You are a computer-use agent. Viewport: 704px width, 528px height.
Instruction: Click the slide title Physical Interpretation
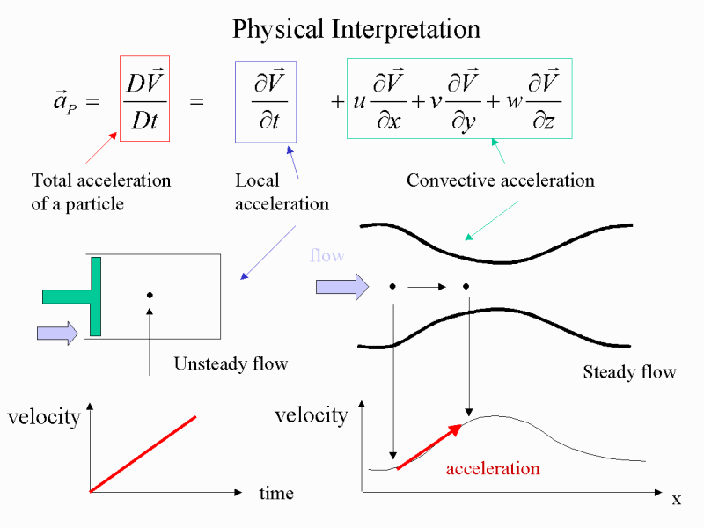tap(356, 30)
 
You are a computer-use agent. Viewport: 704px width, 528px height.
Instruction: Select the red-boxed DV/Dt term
tap(144, 99)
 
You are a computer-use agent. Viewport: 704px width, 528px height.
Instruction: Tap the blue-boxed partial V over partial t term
tap(266, 102)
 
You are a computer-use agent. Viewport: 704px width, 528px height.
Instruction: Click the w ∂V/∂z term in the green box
tap(534, 99)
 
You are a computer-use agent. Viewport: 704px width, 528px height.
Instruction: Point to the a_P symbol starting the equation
tap(65, 101)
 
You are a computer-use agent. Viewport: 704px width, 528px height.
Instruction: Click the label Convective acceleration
tap(501, 180)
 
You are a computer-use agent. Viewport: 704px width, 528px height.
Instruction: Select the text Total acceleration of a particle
tap(101, 192)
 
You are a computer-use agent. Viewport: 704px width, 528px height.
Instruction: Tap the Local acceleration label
tap(282, 192)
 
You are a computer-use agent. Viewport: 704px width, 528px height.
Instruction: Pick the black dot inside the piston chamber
tap(150, 295)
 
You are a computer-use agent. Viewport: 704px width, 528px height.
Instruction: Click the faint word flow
tap(327, 255)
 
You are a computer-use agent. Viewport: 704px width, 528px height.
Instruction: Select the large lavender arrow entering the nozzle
tap(342, 287)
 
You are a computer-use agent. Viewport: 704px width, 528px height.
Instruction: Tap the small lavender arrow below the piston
tap(57, 334)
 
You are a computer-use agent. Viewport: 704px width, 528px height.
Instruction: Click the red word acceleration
tap(493, 469)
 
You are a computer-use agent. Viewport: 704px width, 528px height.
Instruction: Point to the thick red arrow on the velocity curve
tap(430, 447)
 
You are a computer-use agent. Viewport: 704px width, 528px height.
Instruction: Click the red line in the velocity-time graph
tap(143, 454)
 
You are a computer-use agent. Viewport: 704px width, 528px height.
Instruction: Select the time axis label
tap(276, 494)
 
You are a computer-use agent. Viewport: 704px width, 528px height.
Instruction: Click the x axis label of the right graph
tap(677, 499)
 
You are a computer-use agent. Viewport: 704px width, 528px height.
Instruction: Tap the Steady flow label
tap(629, 372)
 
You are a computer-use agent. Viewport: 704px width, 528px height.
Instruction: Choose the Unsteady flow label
tap(231, 363)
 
